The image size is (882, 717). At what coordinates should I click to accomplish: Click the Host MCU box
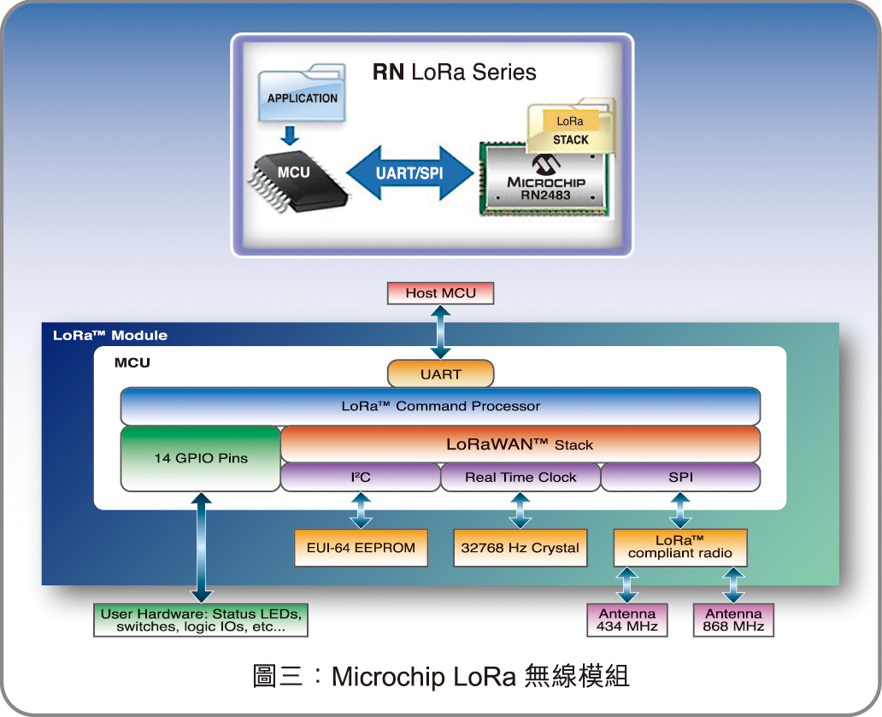pos(440,293)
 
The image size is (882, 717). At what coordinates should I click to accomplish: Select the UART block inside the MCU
pos(440,374)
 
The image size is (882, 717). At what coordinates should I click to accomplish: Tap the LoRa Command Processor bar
pos(440,407)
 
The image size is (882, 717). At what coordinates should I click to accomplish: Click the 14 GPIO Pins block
pos(201,458)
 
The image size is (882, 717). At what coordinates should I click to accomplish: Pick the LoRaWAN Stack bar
pos(520,444)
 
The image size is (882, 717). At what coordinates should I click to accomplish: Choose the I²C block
pos(360,478)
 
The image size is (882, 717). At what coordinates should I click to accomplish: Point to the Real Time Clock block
pos(520,478)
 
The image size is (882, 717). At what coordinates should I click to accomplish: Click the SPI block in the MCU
pos(680,478)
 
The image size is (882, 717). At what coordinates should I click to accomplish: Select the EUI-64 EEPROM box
pos(360,548)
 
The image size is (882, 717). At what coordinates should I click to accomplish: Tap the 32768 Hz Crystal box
pos(520,548)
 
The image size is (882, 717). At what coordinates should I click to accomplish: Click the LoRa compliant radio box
pos(680,547)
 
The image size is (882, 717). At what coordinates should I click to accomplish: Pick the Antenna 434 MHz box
pos(627,620)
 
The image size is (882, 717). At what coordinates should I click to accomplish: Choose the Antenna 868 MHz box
pos(733,620)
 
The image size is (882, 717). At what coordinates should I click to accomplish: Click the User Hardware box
pos(201,620)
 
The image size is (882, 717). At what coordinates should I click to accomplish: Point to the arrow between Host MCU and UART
pos(440,332)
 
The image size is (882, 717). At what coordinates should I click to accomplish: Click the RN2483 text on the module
pos(545,196)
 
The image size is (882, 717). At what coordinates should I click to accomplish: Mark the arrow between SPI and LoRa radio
pos(680,511)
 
